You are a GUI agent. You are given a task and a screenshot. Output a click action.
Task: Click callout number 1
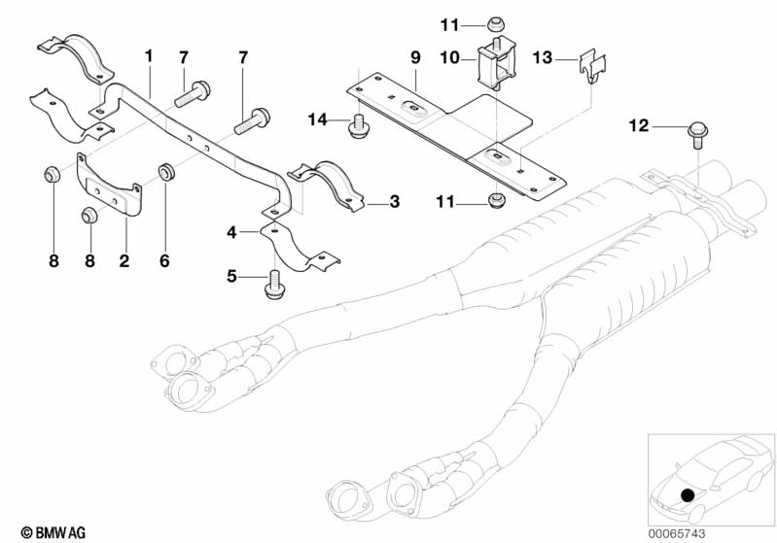tap(149, 55)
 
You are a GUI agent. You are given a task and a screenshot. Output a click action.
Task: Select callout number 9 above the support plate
tap(414, 58)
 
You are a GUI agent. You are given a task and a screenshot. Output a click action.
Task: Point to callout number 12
tap(638, 125)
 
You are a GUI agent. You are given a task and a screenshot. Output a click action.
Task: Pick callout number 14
tap(317, 120)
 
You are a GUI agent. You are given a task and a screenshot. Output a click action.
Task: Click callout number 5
tap(231, 277)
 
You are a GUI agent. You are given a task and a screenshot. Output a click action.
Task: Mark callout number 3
tap(394, 202)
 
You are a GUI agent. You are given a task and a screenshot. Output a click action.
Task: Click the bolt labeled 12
tap(696, 131)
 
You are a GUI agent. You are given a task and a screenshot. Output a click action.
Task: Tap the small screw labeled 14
tap(357, 123)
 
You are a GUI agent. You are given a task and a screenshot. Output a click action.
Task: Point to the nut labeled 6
tap(167, 174)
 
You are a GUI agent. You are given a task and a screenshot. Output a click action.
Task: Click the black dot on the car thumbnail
tap(688, 494)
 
